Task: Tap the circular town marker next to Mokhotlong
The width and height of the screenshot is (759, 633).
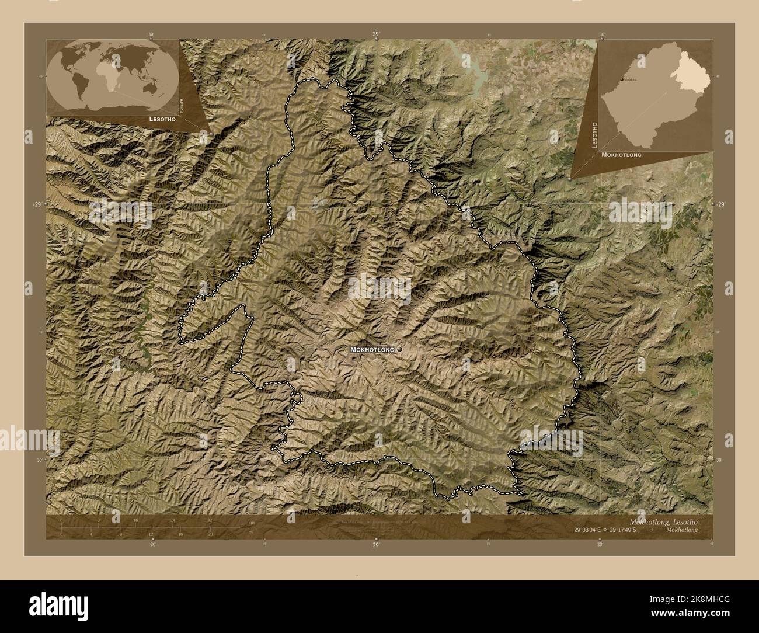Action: pos(399,349)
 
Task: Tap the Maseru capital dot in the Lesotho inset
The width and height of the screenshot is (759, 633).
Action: pos(621,78)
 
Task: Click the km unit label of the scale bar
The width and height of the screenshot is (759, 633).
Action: pos(252,523)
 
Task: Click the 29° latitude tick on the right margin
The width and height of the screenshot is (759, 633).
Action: pos(721,204)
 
